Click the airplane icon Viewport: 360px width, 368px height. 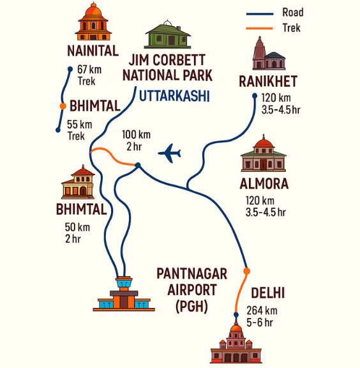169,153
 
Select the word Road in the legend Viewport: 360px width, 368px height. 292,12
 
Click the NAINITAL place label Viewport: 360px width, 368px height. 93,50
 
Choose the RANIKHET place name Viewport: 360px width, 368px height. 268,81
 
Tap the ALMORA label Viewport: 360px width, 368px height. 264,184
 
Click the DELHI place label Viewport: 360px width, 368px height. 267,293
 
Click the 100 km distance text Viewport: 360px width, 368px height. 136,135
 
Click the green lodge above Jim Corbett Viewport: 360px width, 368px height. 168,37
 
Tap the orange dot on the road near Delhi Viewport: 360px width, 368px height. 247,272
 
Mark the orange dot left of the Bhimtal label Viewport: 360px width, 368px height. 62,106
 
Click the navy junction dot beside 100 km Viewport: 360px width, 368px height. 138,166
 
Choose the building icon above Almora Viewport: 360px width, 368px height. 264,155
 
